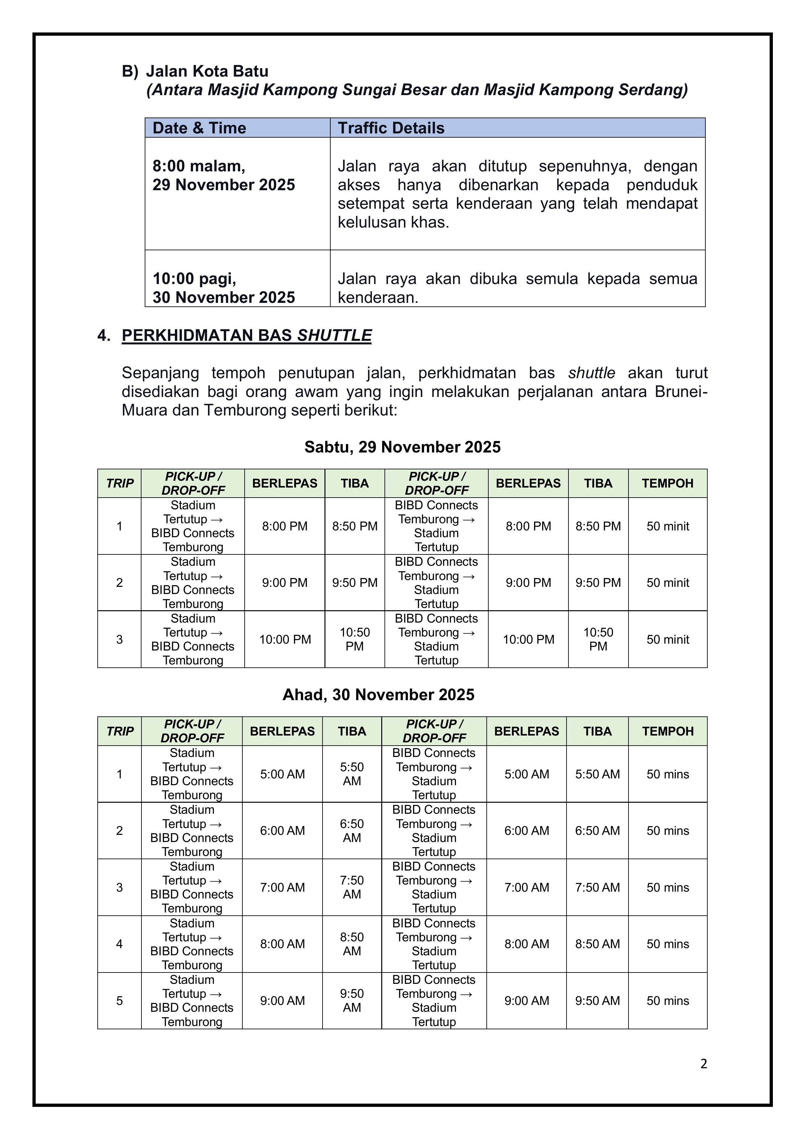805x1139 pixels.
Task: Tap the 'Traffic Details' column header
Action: (391, 128)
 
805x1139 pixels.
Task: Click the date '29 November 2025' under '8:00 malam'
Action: (224, 185)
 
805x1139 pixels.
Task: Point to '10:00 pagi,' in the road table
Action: (194, 279)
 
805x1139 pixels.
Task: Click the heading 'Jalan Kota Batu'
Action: (207, 71)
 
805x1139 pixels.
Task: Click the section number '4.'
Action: (104, 336)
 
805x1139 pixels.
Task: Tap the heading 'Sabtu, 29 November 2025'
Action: (402, 447)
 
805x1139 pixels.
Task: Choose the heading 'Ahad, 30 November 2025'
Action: (378, 695)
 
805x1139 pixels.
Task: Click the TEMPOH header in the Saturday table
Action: (668, 483)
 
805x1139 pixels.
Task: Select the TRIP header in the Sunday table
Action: (119, 731)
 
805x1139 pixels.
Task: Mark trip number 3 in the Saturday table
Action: (119, 639)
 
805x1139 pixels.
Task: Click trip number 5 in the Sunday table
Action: (119, 1001)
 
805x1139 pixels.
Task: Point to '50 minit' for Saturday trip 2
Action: (668, 583)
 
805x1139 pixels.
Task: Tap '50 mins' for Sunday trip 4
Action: (668, 944)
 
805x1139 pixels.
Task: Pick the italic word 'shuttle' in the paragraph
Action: (592, 373)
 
